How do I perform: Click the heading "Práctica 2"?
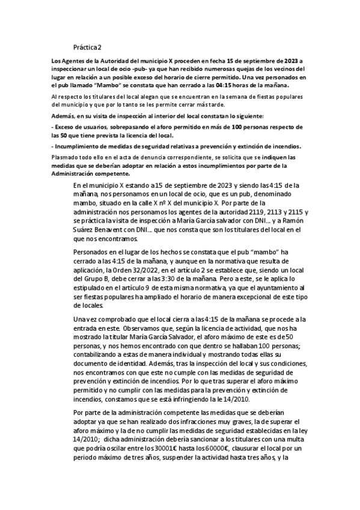88,47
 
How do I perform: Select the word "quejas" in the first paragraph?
231,69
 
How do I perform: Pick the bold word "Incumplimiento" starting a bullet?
74,147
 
